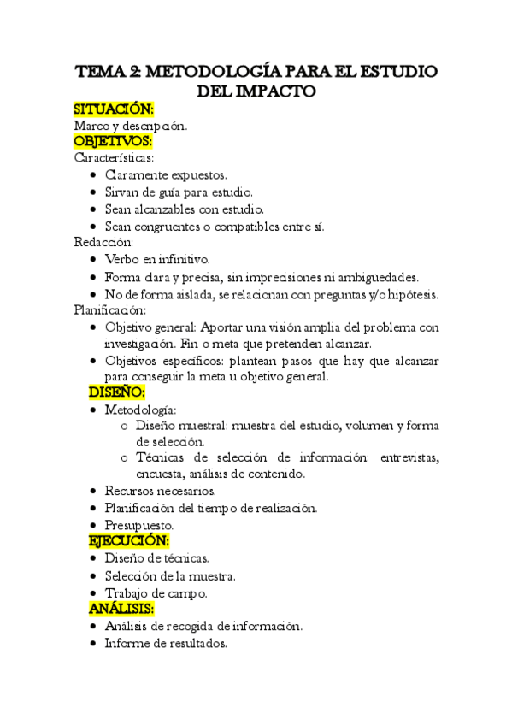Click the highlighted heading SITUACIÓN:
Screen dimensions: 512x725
pyautogui.click(x=114, y=109)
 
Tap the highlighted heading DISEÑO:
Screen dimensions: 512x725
pyautogui.click(x=117, y=392)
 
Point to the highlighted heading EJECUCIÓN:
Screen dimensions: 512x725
pyautogui.click(x=129, y=541)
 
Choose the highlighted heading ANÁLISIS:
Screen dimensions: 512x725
pyautogui.click(x=121, y=609)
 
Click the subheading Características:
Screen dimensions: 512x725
pyautogui.click(x=114, y=158)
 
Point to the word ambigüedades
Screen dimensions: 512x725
pyautogui.click(x=378, y=276)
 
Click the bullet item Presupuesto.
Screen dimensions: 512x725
pyautogui.click(x=139, y=525)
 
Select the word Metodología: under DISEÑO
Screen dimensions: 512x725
pyautogui.click(x=141, y=410)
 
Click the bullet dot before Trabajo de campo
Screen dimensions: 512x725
pyautogui.click(x=92, y=592)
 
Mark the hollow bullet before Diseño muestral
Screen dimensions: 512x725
pyautogui.click(x=126, y=427)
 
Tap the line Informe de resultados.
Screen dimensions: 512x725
pyautogui.click(x=166, y=643)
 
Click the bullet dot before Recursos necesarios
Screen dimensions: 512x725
pyautogui.click(x=92, y=492)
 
